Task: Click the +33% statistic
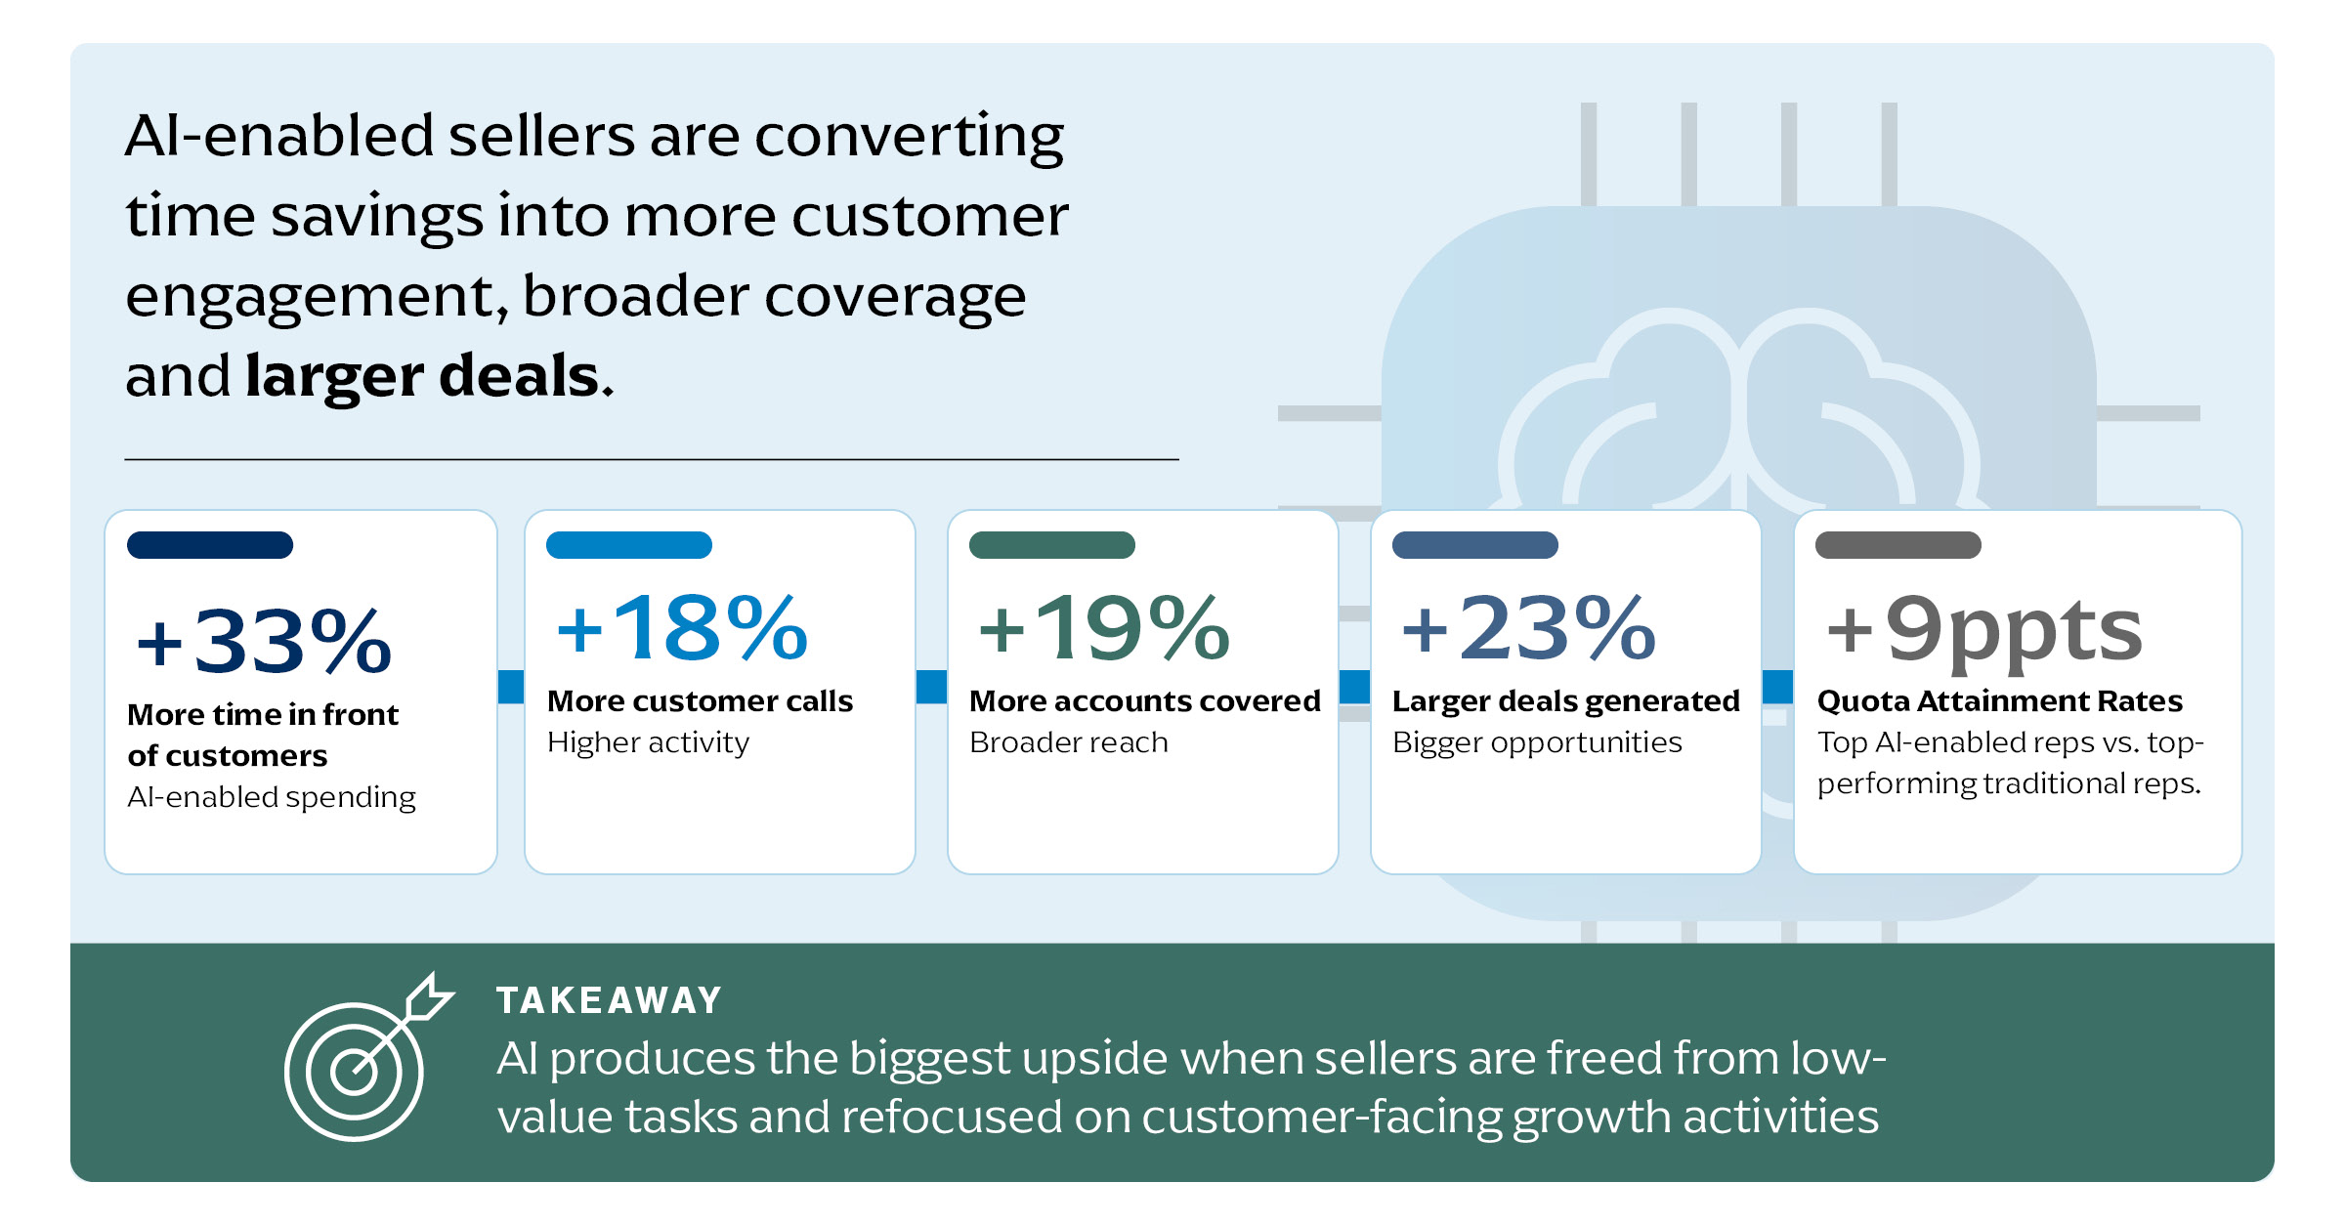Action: tap(264, 641)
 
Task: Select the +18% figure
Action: tap(682, 627)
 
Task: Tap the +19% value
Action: tap(1104, 627)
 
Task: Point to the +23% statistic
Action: tap(1528, 627)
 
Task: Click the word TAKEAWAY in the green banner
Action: tap(609, 1000)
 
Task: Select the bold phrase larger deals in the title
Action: tap(429, 375)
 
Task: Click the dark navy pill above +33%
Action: tap(210, 545)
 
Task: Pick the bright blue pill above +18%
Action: tap(629, 545)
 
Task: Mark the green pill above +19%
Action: tap(1052, 545)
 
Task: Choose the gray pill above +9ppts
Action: tap(1898, 545)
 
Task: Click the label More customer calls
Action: tap(700, 700)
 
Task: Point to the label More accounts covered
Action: tap(1145, 700)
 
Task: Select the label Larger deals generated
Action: tap(1566, 701)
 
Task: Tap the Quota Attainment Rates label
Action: tap(1999, 701)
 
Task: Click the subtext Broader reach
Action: tap(1069, 742)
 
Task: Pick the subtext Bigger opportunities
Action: tap(1537, 743)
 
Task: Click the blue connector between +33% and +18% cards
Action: tap(511, 687)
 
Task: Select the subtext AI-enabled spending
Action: tap(272, 798)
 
